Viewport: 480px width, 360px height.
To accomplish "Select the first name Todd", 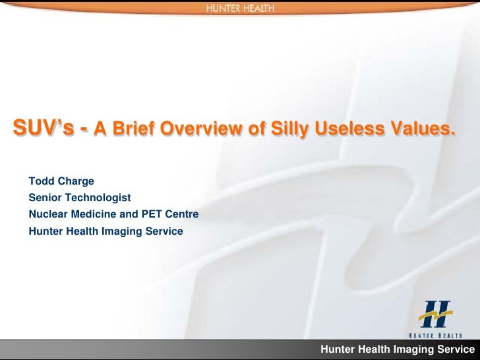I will pyautogui.click(x=42, y=181).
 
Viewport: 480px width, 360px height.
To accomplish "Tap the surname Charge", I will pyautogui.click(x=76, y=181).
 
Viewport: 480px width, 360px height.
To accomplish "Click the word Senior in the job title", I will pyautogui.click(x=45, y=198).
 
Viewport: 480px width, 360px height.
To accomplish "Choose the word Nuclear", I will pyautogui.click(x=48, y=214).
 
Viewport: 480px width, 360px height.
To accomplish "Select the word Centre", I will pyautogui.click(x=181, y=214).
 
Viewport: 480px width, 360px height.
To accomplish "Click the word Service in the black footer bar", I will pyautogui.click(x=454, y=349).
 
